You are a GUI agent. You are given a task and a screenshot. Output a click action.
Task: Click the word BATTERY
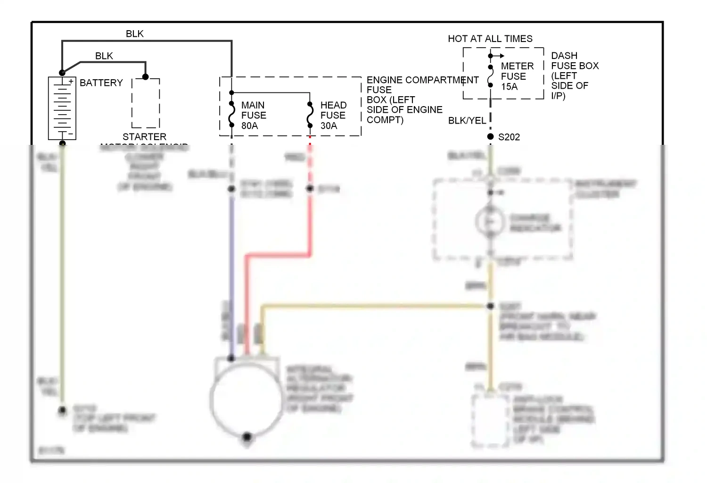(101, 83)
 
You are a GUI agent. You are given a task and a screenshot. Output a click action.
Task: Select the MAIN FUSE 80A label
(253, 116)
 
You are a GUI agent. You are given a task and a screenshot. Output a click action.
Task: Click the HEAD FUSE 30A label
(333, 116)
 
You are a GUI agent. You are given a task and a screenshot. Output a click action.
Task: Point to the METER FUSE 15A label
(517, 76)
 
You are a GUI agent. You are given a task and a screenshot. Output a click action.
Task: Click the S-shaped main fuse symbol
(232, 115)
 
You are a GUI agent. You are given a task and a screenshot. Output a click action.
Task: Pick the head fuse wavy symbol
(310, 115)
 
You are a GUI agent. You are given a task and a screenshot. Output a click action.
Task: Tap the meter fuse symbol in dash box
(490, 76)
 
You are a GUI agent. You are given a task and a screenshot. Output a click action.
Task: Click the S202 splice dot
(490, 137)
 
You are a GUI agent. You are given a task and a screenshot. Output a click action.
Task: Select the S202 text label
(509, 137)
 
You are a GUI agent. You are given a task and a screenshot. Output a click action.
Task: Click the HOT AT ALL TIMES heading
(490, 39)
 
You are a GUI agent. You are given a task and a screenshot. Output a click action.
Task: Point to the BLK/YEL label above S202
(467, 121)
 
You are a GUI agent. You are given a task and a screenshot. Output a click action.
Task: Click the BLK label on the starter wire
(104, 56)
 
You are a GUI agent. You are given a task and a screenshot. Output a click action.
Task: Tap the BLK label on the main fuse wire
(135, 34)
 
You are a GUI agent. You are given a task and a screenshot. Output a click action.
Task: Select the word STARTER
(144, 137)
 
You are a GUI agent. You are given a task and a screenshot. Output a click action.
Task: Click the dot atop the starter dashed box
(145, 77)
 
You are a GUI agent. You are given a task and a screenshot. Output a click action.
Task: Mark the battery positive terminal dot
(62, 73)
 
